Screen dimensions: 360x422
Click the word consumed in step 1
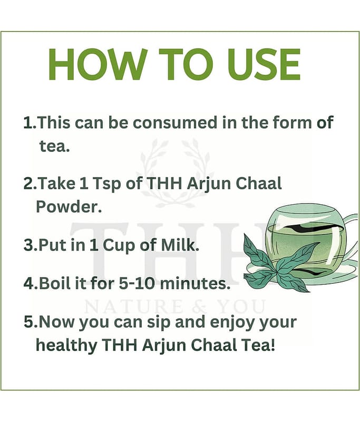coord(175,123)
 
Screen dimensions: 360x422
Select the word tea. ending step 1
coord(55,146)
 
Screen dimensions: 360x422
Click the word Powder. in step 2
coord(69,207)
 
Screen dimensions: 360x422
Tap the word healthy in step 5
coord(66,346)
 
